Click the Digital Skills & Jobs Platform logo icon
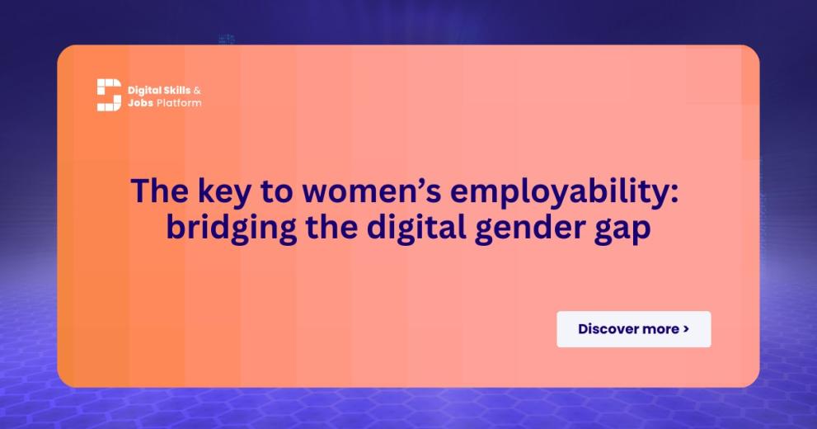109,95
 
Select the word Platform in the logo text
179,103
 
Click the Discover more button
633,329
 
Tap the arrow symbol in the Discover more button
686,329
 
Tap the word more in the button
660,329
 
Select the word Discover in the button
608,329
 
